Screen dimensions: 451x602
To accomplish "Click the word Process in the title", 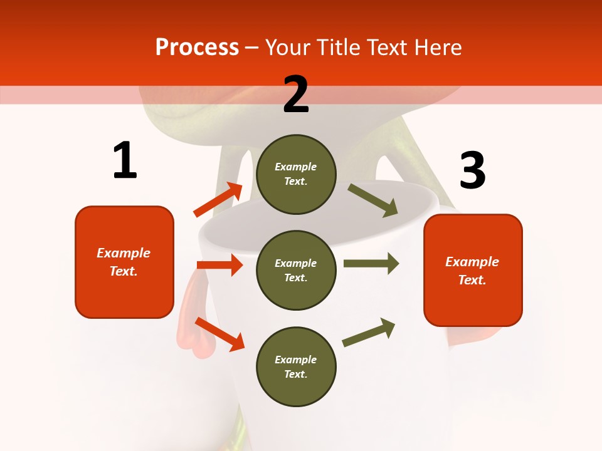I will coord(197,48).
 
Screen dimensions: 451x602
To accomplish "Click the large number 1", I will coord(125,161).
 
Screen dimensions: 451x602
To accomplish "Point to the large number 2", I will coord(296,94).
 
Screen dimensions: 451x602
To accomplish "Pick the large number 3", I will coord(472,171).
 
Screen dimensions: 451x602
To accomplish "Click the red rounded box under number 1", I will coord(124,262).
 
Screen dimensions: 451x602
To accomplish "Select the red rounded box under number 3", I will coord(473,270).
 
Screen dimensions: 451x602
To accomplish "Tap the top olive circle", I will coord(296,174).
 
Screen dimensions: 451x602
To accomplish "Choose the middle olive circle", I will coord(296,270).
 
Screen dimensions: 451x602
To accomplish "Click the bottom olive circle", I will coord(296,366).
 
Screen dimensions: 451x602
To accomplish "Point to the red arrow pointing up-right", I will coord(218,200).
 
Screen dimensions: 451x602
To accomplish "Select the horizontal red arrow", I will coord(219,265).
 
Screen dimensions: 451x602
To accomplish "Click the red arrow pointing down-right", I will coord(219,334).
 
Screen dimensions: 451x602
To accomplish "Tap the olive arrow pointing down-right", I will coord(373,200).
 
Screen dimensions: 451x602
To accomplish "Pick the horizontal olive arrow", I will coord(371,263).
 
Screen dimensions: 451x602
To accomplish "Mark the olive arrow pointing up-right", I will coord(369,332).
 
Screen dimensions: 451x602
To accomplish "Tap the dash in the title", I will coord(252,48).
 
